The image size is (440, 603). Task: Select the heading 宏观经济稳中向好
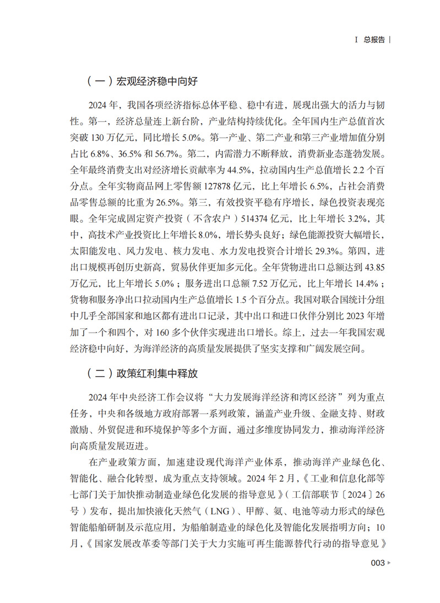click(x=156, y=82)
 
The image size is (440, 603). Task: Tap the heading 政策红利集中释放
click(x=156, y=373)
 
